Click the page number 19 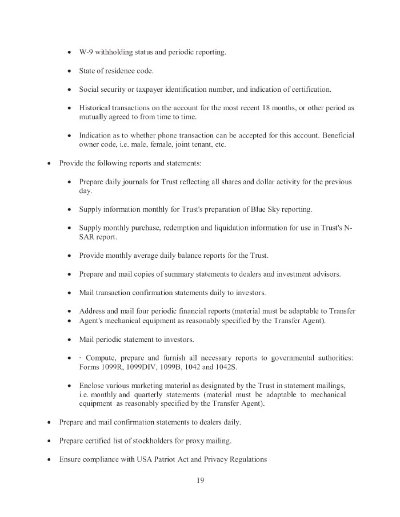(x=200, y=480)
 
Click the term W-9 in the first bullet (x=87, y=52)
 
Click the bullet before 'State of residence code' (x=69, y=71)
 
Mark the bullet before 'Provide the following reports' (x=49, y=163)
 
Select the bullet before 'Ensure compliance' (x=49, y=459)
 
